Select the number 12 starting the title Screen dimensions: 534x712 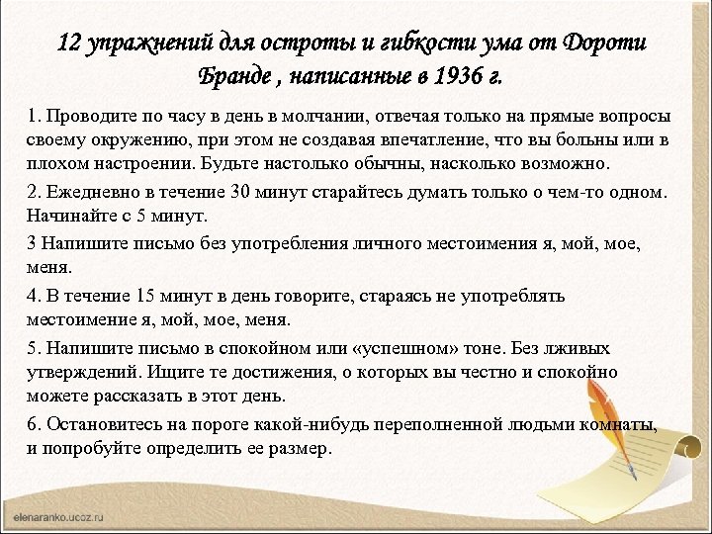69,44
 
